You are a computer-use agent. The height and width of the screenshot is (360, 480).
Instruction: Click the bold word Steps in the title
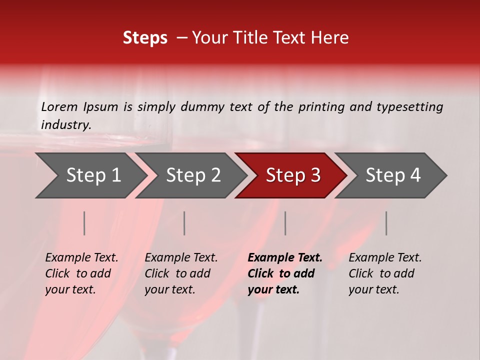145,38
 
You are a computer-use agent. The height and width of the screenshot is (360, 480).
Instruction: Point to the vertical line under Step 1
84,223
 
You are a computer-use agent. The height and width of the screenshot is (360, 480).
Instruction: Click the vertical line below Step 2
184,223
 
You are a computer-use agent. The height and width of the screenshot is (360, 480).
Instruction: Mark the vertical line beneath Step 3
285,223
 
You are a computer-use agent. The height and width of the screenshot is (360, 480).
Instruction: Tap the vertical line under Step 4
386,223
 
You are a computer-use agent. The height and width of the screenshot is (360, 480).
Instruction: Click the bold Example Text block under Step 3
285,273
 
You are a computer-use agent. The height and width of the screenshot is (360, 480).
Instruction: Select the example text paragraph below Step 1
81,273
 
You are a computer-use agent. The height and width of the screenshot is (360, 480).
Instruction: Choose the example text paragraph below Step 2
181,273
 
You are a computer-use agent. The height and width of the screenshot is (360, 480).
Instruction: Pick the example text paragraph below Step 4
385,273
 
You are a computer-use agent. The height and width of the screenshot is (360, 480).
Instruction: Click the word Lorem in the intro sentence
59,107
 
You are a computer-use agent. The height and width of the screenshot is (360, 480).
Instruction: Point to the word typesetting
409,107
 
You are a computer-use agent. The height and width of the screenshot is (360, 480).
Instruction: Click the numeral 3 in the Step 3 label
315,175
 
